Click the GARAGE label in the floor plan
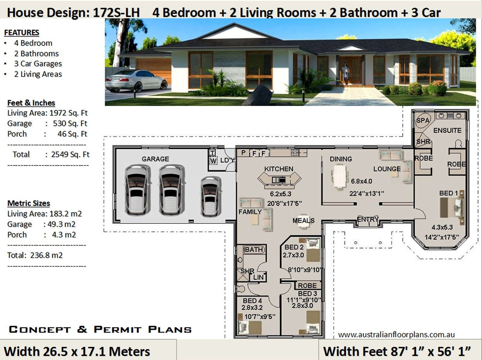[155, 159]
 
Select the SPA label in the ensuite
[422, 121]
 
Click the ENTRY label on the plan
[367, 219]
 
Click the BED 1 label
[448, 193]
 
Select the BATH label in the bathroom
[254, 249]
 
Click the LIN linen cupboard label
[258, 277]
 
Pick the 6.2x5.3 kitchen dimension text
[280, 194]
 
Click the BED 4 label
[252, 301]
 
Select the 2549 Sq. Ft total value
[70, 155]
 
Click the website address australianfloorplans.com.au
[396, 334]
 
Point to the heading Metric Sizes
[29, 203]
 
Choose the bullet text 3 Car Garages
[38, 64]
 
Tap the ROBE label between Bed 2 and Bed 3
[307, 285]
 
